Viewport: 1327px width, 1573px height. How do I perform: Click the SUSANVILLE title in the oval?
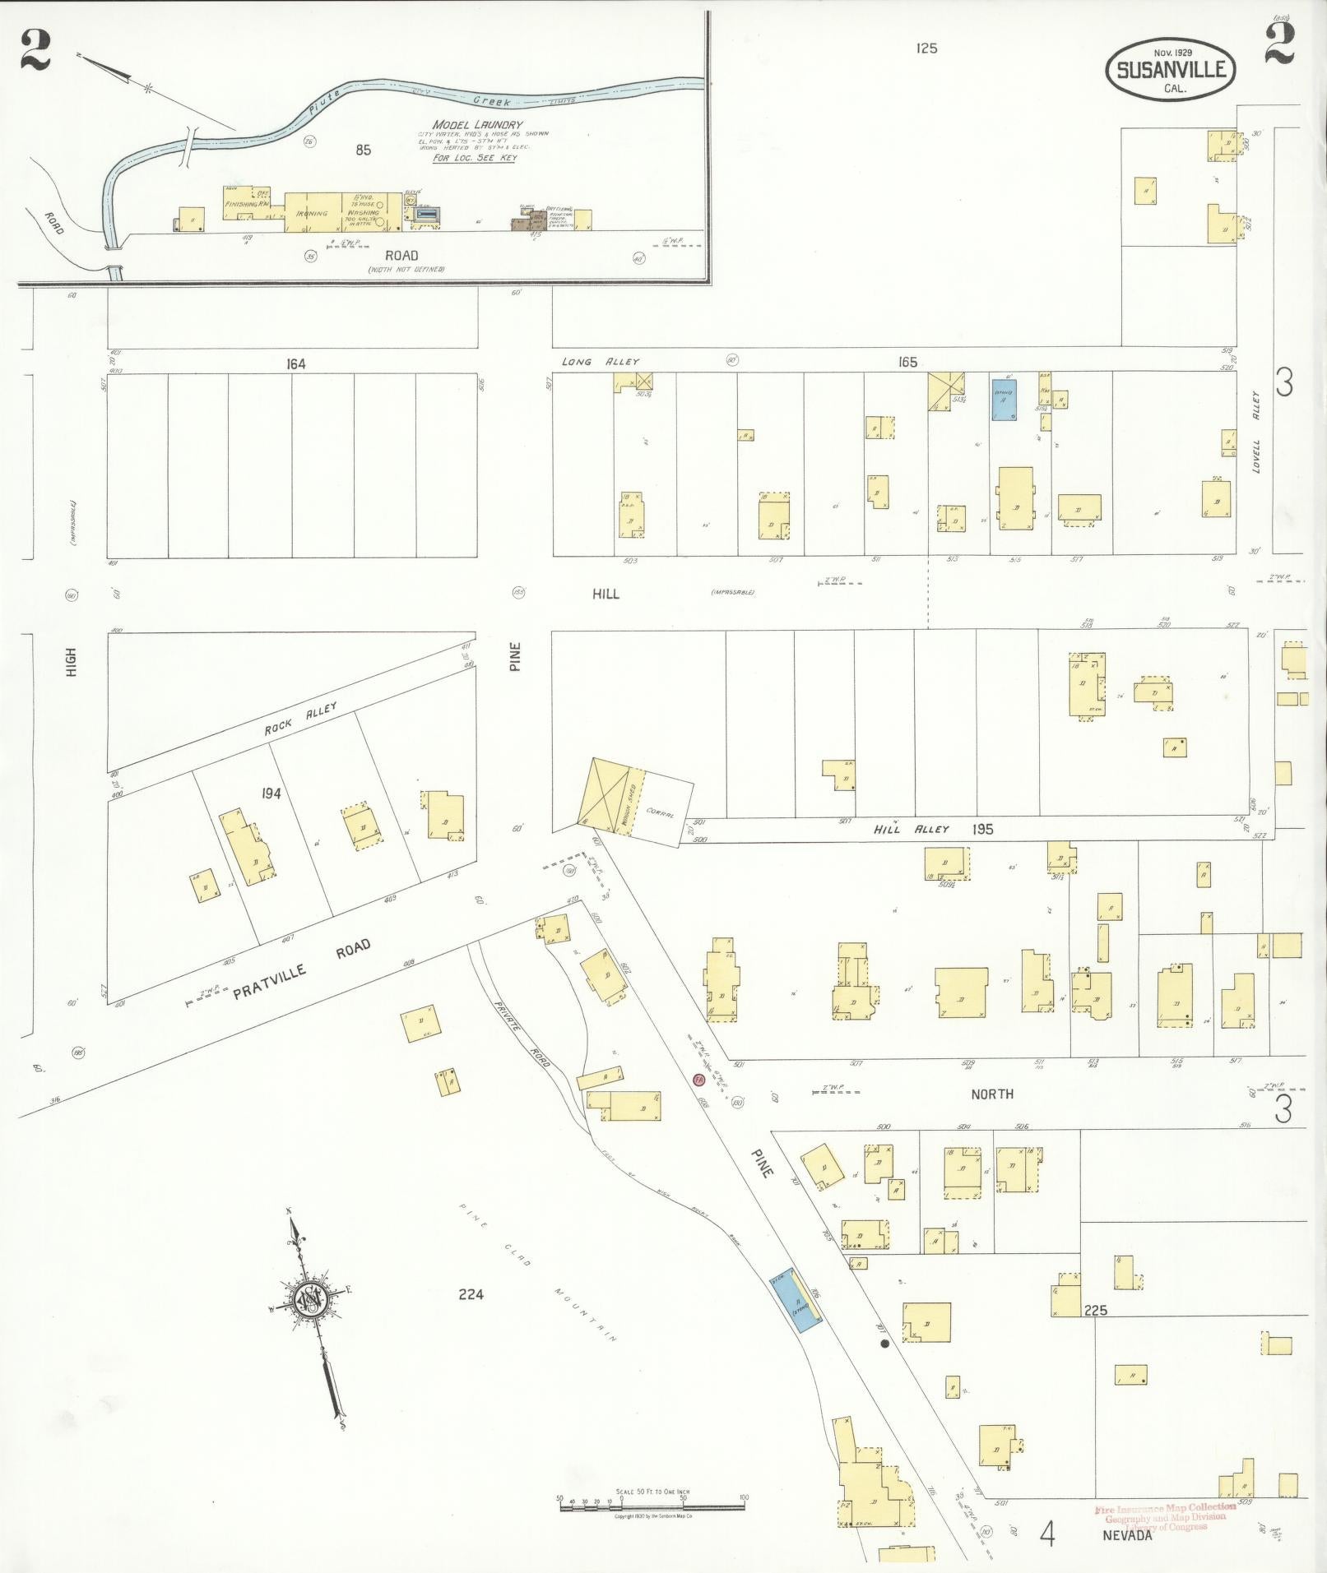pos(1172,70)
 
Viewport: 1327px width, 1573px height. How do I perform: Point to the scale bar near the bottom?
pos(652,1500)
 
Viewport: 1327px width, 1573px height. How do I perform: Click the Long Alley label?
pos(600,362)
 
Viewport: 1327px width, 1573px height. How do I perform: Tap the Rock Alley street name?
pos(300,719)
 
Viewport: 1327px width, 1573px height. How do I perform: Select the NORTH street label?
pos(992,1094)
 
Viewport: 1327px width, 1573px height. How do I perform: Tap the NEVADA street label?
pos(1127,1534)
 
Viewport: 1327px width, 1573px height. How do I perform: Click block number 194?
pos(271,793)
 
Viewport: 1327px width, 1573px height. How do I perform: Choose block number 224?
pos(471,1294)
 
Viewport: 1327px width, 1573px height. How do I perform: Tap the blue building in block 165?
pos(1003,400)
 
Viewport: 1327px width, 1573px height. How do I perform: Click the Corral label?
pos(660,812)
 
